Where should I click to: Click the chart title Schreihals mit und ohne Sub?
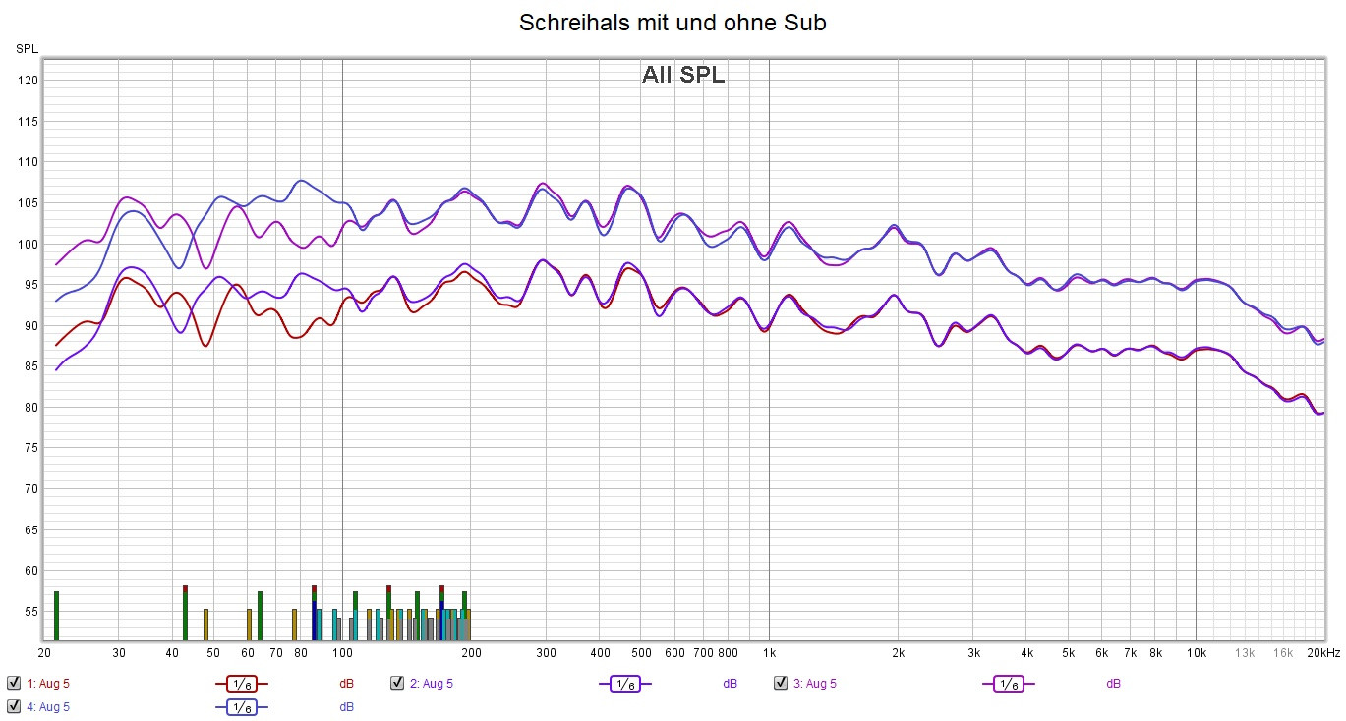(x=673, y=23)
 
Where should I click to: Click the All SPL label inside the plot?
(x=683, y=75)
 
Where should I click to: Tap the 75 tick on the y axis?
(x=29, y=448)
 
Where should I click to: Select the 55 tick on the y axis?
(x=29, y=611)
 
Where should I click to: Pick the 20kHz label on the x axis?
(x=1322, y=652)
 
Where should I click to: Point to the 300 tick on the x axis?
(x=546, y=652)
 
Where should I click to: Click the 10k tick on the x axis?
(x=1196, y=652)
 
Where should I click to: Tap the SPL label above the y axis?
(x=28, y=48)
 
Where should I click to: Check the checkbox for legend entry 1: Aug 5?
(x=14, y=683)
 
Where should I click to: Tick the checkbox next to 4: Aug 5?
(x=14, y=706)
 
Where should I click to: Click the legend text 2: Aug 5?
(x=432, y=683)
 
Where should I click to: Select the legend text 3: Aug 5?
(x=815, y=683)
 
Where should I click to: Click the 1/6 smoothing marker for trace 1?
(x=241, y=684)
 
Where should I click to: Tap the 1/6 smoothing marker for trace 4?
(x=241, y=707)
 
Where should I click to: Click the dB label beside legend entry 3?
(x=1113, y=683)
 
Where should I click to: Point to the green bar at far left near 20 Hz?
(x=56, y=616)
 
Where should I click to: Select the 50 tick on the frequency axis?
(x=213, y=652)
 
